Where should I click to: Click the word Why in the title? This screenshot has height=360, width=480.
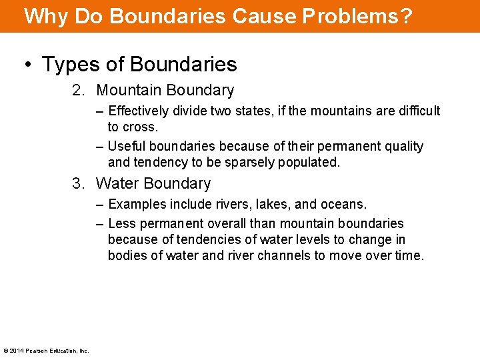click(45, 16)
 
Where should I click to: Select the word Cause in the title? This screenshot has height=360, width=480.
click(265, 16)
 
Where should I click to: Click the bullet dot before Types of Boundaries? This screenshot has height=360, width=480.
click(28, 65)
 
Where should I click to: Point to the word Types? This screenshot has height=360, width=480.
click(71, 65)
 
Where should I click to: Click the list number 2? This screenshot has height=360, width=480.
click(78, 90)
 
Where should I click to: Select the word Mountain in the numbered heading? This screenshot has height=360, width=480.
click(129, 90)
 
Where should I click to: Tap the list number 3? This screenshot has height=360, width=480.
click(78, 183)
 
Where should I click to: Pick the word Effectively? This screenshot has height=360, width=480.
click(139, 111)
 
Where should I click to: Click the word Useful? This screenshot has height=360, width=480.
click(127, 146)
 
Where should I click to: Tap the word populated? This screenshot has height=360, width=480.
click(309, 163)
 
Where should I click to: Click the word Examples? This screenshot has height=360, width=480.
click(137, 204)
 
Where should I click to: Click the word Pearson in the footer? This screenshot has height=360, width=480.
click(35, 351)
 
